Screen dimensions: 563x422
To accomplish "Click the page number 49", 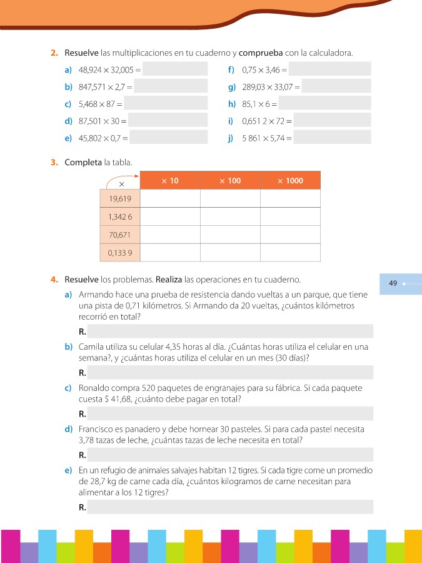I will tap(393, 283).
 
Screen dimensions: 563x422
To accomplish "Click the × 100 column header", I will tap(230, 181).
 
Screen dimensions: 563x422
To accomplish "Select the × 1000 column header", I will tap(290, 181).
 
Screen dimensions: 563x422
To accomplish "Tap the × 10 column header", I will tap(170, 181).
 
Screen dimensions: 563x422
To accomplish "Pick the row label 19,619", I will tap(120, 198).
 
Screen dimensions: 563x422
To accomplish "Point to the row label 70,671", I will tap(120, 235).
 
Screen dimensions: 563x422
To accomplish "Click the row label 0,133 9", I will tap(120, 253).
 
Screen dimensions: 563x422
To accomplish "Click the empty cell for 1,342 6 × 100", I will tap(230, 216).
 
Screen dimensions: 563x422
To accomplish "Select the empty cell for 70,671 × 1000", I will tap(290, 235).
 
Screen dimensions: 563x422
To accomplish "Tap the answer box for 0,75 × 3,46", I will tap(330, 69).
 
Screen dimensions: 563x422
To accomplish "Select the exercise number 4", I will tap(54, 279).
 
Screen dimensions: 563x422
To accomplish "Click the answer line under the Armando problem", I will tap(230, 331).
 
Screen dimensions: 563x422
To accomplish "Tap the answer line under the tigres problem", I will tap(230, 507).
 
